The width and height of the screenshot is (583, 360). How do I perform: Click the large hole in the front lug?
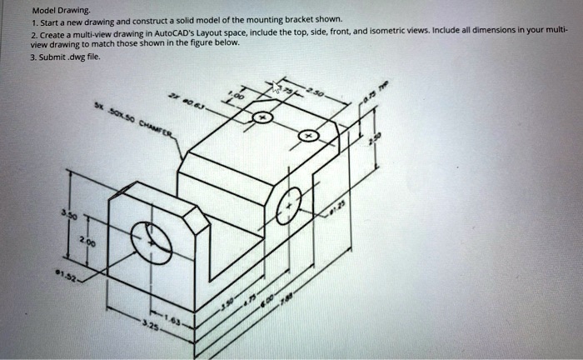click(152, 242)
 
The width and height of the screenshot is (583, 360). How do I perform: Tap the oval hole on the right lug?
click(288, 205)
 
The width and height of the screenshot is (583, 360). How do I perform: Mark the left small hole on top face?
click(263, 118)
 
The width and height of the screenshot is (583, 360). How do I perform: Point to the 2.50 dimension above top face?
click(316, 89)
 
